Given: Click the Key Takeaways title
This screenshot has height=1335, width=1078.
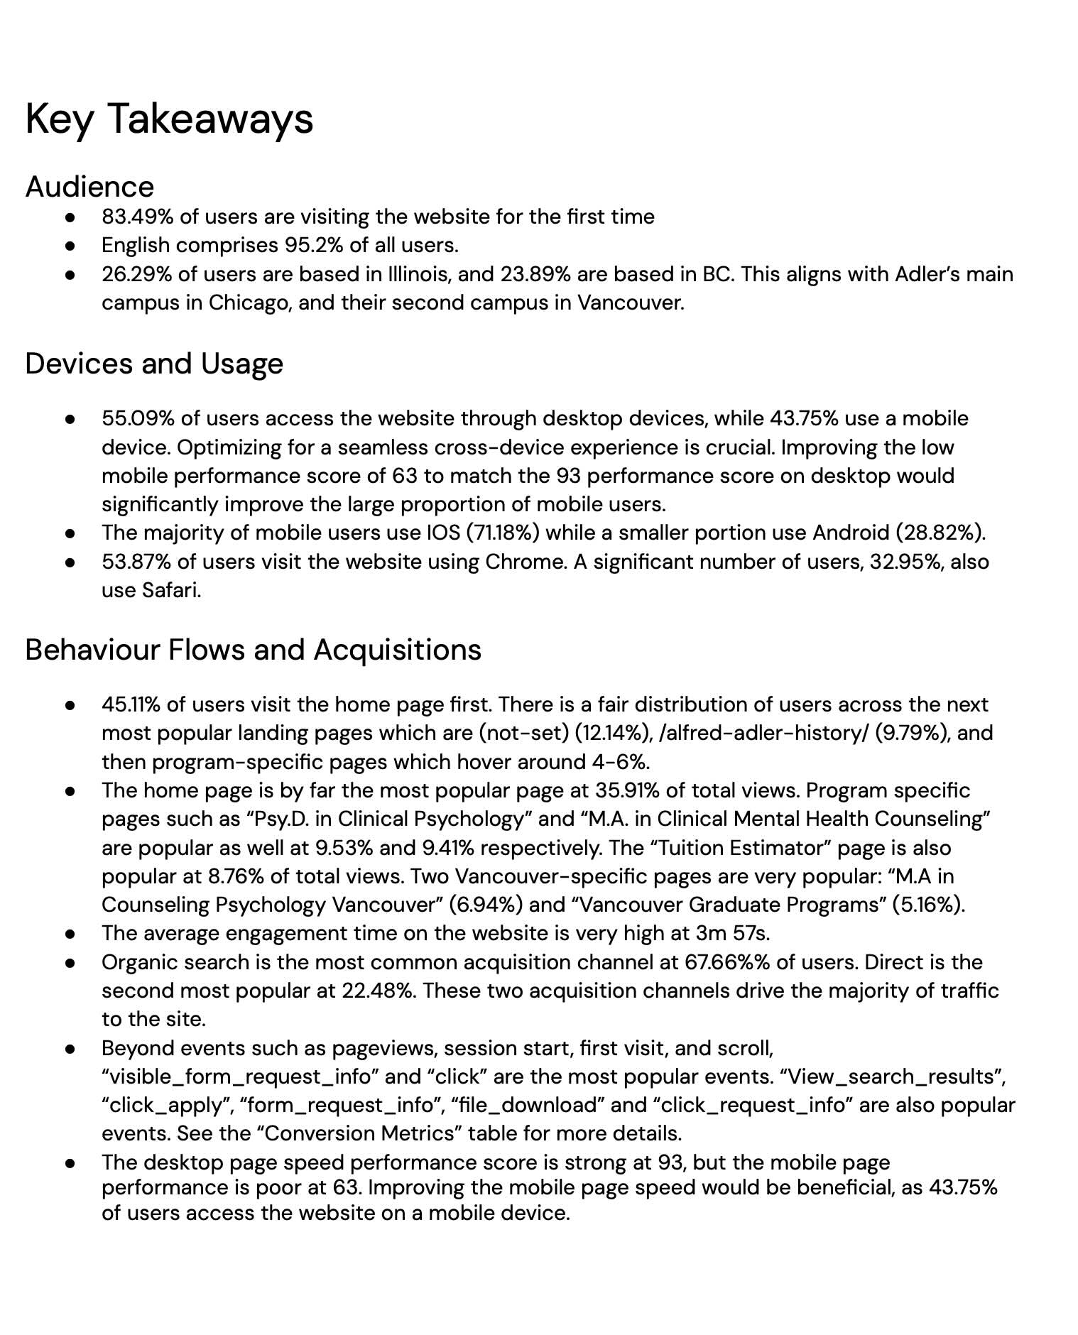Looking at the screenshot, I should click(169, 119).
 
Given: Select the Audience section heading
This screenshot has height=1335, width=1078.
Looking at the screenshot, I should click(89, 187).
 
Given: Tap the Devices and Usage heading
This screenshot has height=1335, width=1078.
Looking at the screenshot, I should click(154, 364).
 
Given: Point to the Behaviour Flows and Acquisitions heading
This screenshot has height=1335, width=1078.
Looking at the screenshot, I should click(253, 650).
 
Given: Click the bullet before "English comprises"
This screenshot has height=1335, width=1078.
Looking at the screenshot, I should click(70, 246).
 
